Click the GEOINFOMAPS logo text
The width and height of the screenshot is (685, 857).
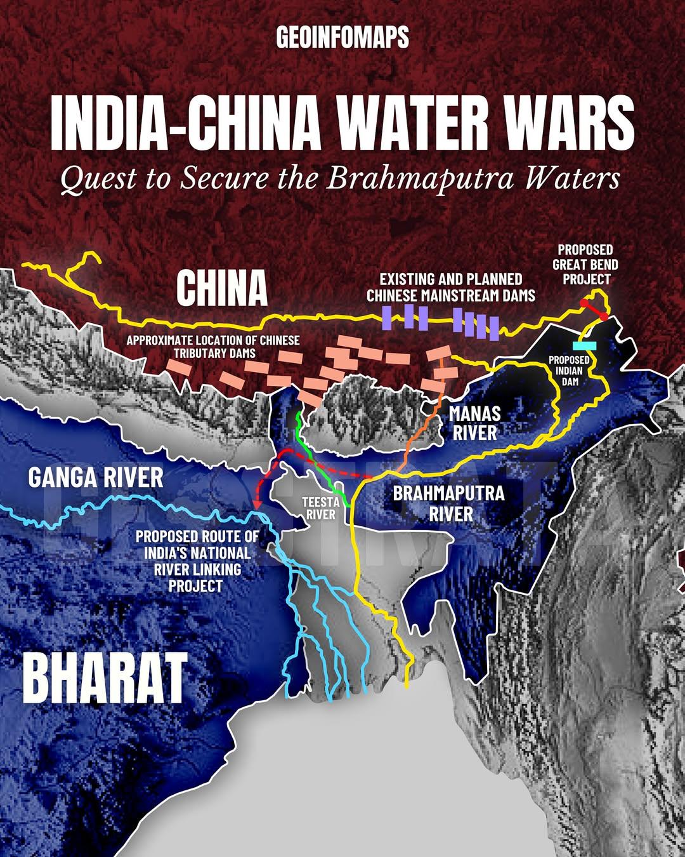point(342,38)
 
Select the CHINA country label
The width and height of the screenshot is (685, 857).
point(222,288)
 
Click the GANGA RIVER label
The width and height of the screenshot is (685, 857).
point(96,477)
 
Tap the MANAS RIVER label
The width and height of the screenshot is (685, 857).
point(474,423)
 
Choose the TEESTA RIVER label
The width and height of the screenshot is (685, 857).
point(320,508)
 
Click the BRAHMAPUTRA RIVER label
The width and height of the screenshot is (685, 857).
point(448,503)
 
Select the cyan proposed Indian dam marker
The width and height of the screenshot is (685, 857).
point(585,345)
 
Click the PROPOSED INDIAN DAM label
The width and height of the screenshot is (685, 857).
point(569,371)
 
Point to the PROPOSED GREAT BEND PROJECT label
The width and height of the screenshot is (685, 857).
point(585,264)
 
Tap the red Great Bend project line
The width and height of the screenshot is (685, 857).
point(594,310)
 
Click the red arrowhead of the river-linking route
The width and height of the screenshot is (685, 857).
point(257,503)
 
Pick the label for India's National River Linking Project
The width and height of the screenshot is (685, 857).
point(197,561)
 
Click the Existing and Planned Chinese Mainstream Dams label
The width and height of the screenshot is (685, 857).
point(450,287)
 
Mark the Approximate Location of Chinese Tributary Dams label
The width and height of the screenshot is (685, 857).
point(212,346)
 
